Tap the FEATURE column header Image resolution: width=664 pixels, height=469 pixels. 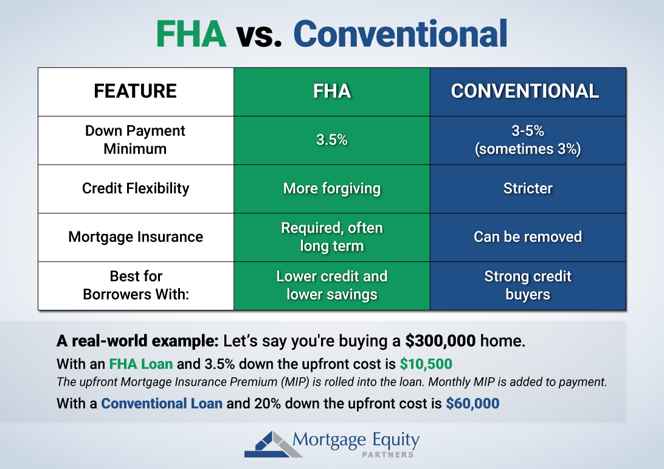tap(135, 91)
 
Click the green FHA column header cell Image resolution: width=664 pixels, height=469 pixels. tap(331, 91)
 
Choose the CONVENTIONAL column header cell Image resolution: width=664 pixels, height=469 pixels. tap(527, 91)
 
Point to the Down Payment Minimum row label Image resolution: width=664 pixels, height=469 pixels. tap(135, 140)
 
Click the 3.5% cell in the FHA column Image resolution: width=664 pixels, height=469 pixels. tap(331, 140)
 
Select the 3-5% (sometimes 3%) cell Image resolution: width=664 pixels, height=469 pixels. tap(527, 140)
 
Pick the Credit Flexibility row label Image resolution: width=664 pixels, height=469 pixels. tap(135, 188)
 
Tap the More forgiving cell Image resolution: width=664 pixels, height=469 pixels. tap(331, 188)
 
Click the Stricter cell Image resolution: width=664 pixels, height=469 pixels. tap(527, 188)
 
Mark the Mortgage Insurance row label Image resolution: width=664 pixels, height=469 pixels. tap(135, 237)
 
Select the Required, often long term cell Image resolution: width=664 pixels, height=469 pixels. tap(331, 237)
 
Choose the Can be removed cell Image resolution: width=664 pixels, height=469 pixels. tap(527, 237)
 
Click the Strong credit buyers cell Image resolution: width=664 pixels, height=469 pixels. tap(527, 286)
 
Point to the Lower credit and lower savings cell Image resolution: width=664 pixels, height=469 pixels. tap(331, 286)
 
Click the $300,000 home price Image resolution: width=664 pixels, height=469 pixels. tap(440, 341)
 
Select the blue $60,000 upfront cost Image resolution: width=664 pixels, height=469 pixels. tap(472, 403)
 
